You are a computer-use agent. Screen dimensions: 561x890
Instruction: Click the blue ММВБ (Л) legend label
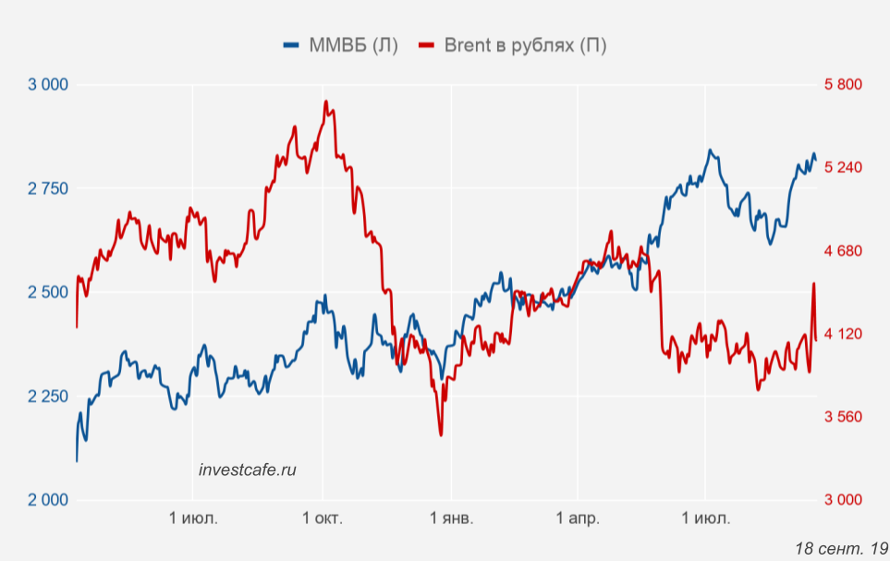(351, 45)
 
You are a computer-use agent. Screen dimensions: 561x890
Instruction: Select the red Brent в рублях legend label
(525, 45)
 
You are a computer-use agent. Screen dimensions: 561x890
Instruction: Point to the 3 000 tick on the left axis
(49, 85)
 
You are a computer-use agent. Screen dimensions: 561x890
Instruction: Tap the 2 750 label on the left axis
(49, 189)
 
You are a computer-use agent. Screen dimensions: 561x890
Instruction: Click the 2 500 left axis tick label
(49, 293)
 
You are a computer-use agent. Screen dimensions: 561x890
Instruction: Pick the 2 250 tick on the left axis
(49, 396)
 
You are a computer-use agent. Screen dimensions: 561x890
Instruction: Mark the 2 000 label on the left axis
(49, 500)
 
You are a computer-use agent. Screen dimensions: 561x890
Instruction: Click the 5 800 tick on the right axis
(843, 85)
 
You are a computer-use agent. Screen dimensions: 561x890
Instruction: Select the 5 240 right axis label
(843, 168)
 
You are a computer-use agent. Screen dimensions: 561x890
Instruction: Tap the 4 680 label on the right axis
(843, 251)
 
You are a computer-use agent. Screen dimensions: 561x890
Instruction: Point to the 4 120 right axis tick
(843, 334)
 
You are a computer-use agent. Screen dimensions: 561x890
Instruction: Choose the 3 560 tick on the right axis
(843, 417)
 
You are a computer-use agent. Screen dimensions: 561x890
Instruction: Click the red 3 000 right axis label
(843, 500)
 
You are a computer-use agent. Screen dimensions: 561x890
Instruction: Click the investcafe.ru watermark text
(248, 470)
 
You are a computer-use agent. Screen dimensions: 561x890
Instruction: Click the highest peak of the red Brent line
(326, 102)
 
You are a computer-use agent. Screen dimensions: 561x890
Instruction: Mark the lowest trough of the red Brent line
(441, 434)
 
